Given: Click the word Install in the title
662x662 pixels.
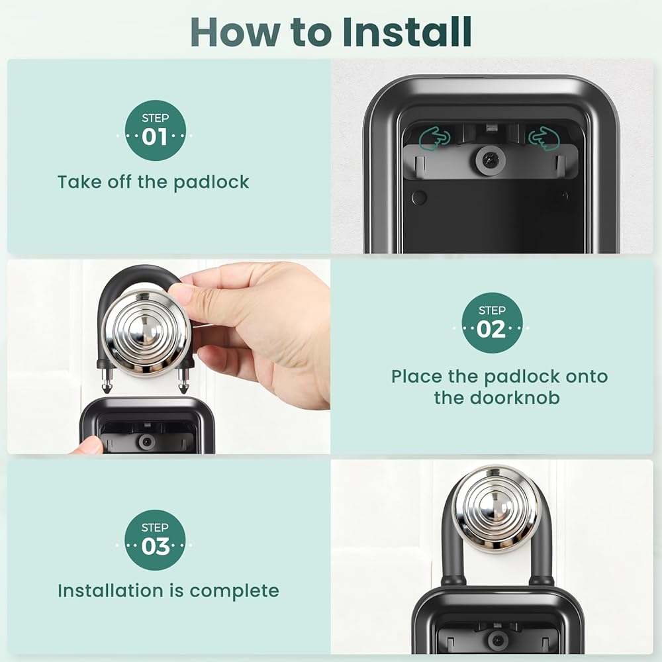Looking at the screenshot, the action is (406, 32).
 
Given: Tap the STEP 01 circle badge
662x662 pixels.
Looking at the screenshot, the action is (156, 130).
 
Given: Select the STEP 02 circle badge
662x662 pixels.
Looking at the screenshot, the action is (492, 323).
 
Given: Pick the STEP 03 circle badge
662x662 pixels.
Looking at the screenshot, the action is (155, 540).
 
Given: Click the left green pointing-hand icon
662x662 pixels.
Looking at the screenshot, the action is (434, 138).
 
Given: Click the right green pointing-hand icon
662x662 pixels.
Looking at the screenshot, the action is (544, 138).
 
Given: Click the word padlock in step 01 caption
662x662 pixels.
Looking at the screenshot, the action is (211, 182).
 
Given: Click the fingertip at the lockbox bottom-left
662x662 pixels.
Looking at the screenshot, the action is (88, 446).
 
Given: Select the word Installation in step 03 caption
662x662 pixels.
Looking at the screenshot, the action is (111, 591).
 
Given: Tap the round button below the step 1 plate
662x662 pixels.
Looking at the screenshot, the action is (419, 197).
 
